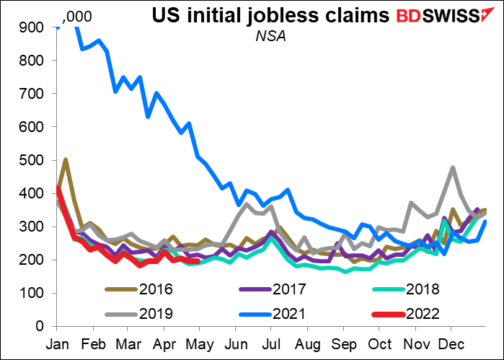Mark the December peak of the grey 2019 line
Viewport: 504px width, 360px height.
click(x=452, y=168)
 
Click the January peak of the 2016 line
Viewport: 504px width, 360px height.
click(x=65, y=159)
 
